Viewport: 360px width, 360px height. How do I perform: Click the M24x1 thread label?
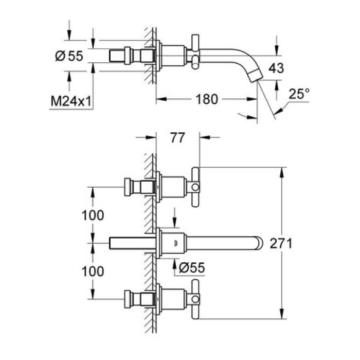pyautogui.click(x=71, y=102)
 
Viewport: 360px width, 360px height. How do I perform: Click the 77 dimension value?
pyautogui.click(x=177, y=138)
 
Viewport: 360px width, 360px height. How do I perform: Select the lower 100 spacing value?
pyautogui.click(x=93, y=270)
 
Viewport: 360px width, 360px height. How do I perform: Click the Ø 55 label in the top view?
pyautogui.click(x=68, y=56)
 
